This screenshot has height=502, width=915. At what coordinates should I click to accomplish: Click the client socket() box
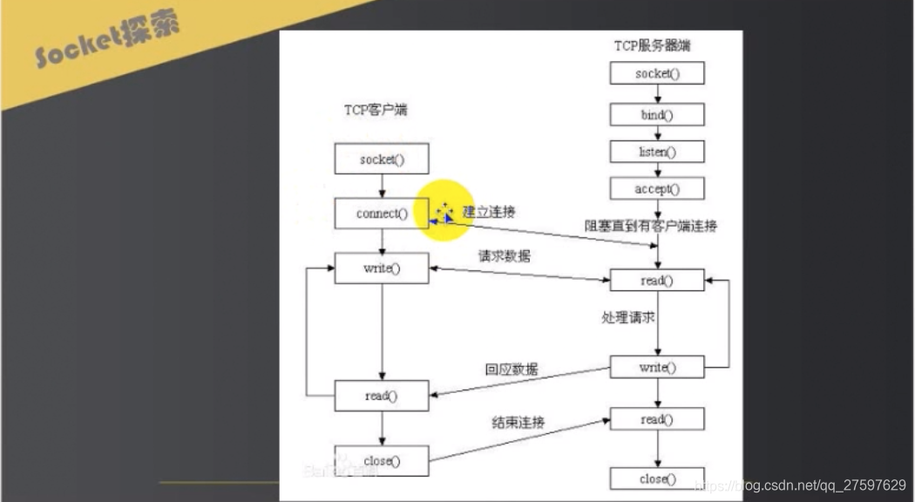coord(382,159)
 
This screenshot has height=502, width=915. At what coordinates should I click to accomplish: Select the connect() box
coord(382,214)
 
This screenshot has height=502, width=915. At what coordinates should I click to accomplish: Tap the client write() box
coord(382,268)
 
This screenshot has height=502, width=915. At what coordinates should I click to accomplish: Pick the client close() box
coord(382,461)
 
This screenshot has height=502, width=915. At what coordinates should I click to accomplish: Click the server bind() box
coord(657,114)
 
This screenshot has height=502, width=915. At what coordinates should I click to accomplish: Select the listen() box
coord(657,152)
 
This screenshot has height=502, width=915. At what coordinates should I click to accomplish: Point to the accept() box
coord(657,188)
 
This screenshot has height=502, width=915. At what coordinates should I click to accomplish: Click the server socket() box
coord(657,73)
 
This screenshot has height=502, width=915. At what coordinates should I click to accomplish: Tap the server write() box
coord(657,367)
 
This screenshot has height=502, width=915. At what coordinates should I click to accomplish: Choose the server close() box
coord(657,478)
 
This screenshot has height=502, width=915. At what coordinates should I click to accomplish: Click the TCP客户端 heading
coord(376,111)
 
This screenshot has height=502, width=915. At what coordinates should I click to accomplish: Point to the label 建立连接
coord(489,212)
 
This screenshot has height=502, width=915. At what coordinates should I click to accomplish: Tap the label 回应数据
coord(512,369)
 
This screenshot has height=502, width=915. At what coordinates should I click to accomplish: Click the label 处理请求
coord(628,318)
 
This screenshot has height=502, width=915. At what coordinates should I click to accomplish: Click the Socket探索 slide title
coord(107,41)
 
